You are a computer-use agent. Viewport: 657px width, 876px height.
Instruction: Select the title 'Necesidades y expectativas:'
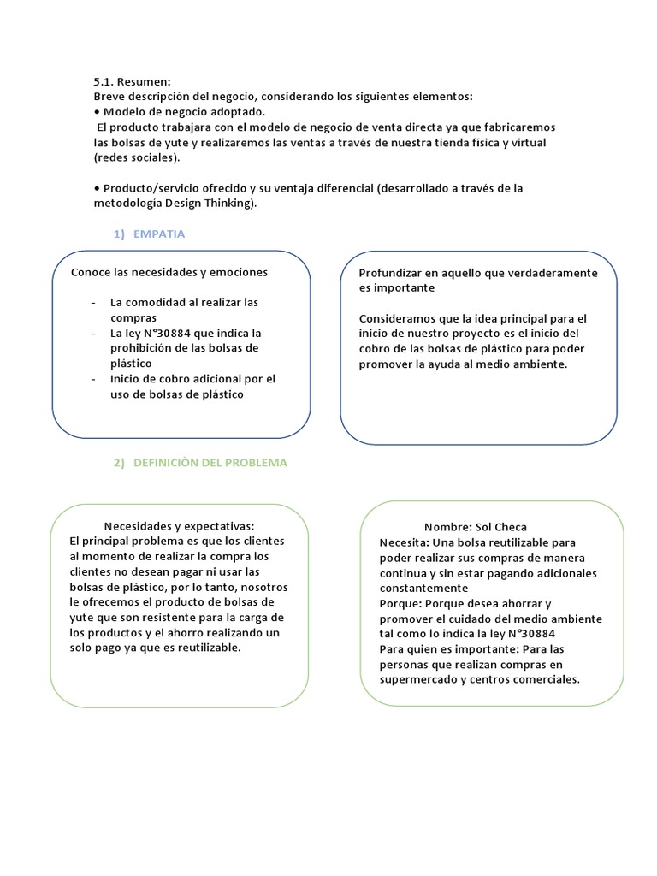pyautogui.click(x=179, y=525)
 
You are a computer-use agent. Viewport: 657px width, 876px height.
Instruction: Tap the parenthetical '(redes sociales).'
pyautogui.click(x=137, y=157)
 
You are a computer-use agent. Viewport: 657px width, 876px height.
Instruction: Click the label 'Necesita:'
pyautogui.click(x=405, y=542)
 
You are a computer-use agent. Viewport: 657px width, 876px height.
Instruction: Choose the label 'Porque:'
pyautogui.click(x=400, y=603)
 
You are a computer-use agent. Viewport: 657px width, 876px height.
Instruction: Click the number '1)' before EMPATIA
pyautogui.click(x=119, y=234)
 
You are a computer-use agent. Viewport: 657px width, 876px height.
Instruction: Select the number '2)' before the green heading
pyautogui.click(x=119, y=463)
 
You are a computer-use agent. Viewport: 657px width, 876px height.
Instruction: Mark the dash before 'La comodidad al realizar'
pyautogui.click(x=92, y=303)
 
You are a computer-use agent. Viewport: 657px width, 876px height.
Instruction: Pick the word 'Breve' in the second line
pyautogui.click(x=109, y=96)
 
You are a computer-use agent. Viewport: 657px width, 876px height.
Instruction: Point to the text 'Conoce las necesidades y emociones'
pyautogui.click(x=169, y=272)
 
